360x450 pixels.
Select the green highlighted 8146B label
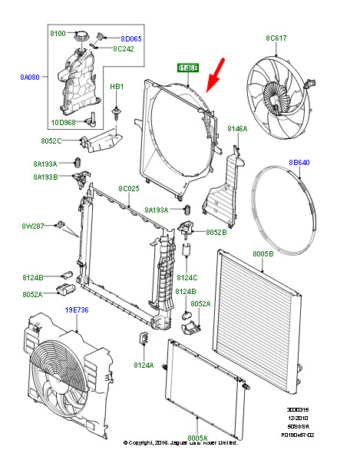(188, 68)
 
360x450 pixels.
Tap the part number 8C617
(276, 37)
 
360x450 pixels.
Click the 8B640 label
(299, 163)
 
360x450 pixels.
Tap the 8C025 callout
(129, 188)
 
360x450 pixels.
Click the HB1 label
(116, 87)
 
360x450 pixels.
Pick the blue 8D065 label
(131, 38)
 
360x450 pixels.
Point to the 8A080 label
(31, 77)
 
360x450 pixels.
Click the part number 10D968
(64, 121)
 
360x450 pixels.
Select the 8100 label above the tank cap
(59, 35)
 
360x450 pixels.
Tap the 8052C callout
(51, 141)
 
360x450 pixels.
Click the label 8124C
(187, 277)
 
